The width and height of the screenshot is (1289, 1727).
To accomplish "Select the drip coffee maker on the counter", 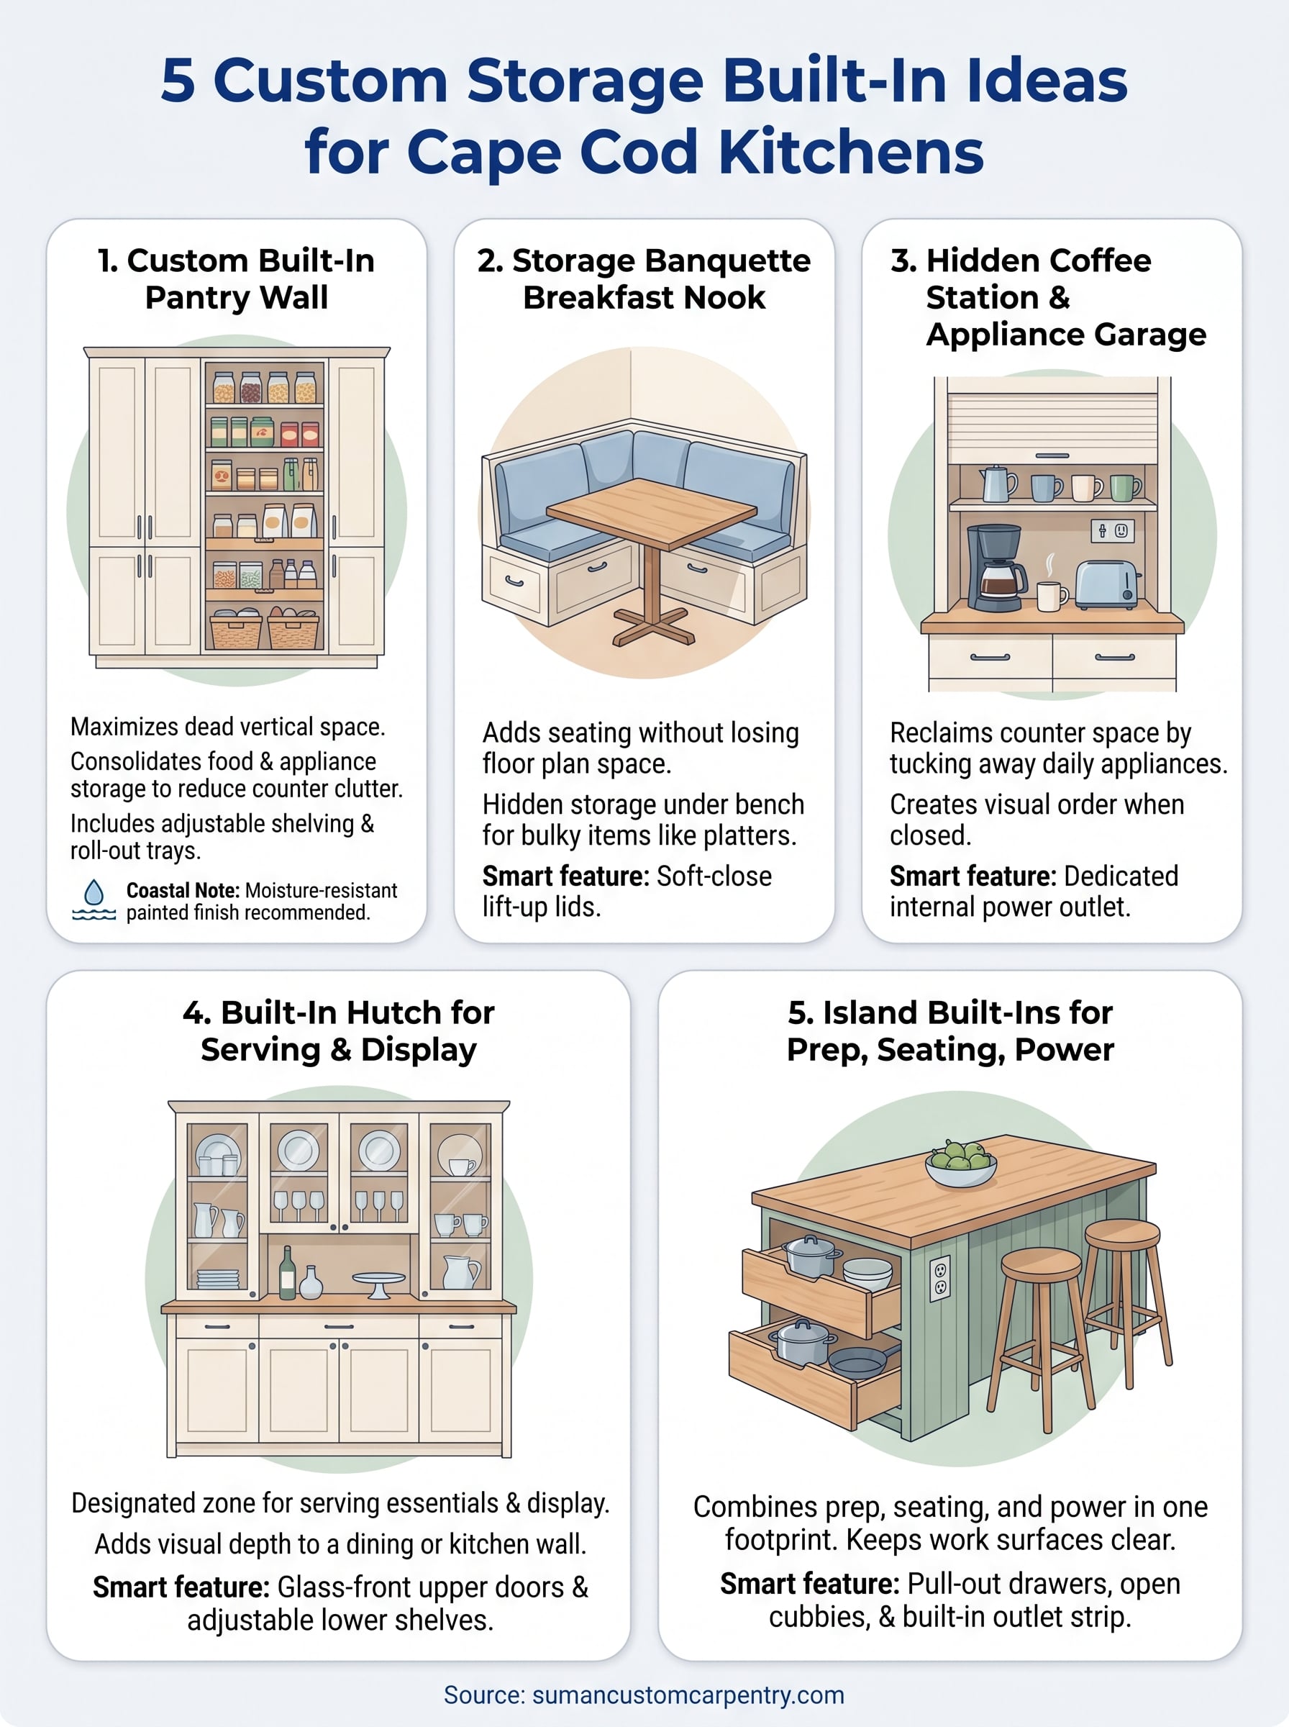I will pos(996,567).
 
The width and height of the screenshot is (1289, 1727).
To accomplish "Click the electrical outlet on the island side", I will pos(940,1278).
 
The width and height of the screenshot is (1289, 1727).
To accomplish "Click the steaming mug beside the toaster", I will pos(1051,594).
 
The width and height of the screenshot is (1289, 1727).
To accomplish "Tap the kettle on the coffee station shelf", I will pos(996,483).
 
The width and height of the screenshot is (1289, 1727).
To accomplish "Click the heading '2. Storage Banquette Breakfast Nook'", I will pos(644,278).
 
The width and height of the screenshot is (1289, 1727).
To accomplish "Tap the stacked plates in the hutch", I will pos(219,1280).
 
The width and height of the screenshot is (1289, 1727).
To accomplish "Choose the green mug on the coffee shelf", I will pos(1124,488).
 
